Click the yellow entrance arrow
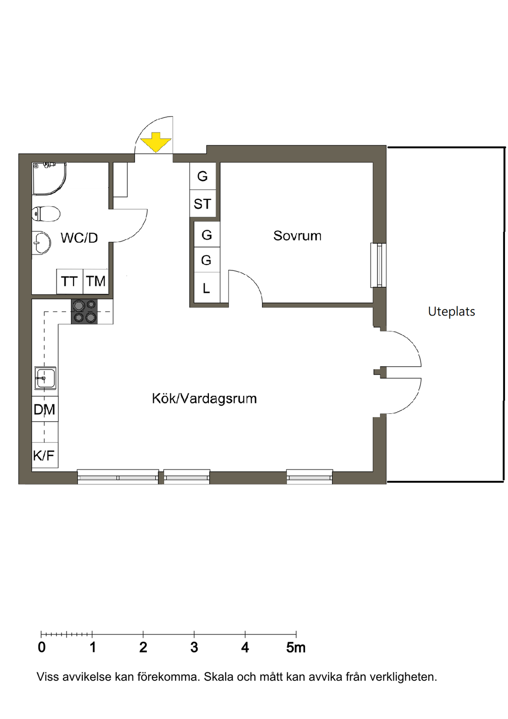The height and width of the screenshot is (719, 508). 156,142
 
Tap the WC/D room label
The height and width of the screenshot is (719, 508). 79,238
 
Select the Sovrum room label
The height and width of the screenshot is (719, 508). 297,236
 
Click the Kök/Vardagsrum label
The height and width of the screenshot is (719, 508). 204,398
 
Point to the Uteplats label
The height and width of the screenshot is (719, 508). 451,311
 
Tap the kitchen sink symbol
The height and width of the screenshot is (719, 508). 45,378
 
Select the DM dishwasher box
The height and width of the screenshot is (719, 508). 45,409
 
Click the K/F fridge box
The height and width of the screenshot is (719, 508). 45,455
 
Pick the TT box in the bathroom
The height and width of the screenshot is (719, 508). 69,281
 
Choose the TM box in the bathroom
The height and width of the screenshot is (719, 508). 96,281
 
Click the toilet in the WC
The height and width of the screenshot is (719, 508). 46,214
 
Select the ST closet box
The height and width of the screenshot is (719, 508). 202,204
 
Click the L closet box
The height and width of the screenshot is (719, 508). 207,288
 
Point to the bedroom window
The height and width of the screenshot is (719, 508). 379,265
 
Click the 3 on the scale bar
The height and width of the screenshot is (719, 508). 194,648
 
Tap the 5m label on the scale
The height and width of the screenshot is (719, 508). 296,648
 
